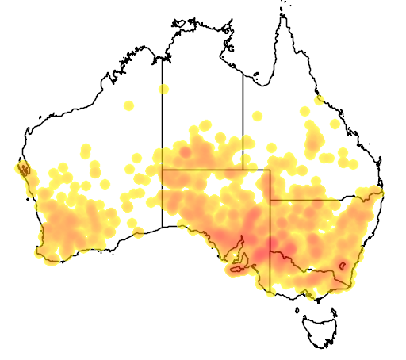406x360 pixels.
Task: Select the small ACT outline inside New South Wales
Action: click(342, 266)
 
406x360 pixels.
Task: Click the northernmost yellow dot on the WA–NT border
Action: click(163, 88)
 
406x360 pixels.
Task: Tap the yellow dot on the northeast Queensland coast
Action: click(320, 100)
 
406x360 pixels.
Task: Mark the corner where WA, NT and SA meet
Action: click(163, 169)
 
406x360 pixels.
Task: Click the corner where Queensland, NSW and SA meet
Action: click(270, 200)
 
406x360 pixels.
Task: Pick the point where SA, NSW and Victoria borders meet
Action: click(270, 252)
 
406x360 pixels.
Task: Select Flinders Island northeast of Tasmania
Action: click(336, 302)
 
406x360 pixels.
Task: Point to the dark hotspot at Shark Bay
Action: click(24, 169)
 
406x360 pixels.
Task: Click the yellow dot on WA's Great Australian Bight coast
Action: click(139, 232)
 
